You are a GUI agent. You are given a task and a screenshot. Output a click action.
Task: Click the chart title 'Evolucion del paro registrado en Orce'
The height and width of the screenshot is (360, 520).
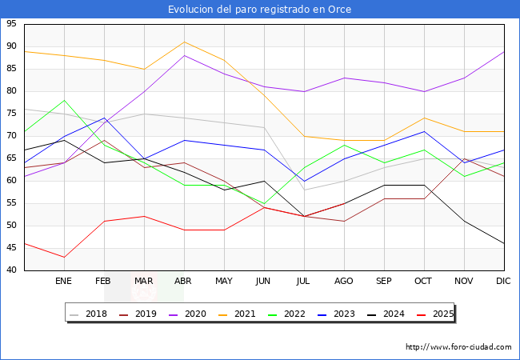pos(259,9)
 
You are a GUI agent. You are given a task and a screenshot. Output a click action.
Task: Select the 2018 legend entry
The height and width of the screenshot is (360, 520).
pos(90,314)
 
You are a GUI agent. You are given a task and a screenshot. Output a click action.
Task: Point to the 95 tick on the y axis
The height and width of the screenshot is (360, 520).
pos(12,24)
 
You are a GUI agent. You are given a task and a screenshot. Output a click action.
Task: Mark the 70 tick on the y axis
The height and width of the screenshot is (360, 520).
pos(12,136)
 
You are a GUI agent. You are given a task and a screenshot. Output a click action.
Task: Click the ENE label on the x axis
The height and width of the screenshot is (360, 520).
pos(64,282)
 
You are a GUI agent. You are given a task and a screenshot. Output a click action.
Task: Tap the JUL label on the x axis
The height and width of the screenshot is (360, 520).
pos(304,282)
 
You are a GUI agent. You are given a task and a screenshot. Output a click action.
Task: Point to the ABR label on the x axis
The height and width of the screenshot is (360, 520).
pos(184,282)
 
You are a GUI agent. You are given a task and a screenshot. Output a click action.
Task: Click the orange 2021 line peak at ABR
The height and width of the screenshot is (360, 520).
pos(184,42)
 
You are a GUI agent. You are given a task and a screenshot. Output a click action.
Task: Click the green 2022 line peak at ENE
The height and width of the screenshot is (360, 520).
pos(64,100)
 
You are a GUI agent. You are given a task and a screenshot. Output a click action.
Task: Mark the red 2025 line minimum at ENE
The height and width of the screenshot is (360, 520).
pos(64,257)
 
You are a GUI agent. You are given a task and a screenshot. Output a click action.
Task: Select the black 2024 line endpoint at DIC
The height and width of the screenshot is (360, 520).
pos(504,243)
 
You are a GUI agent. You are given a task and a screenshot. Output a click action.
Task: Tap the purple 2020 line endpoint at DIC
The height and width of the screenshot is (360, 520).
pos(504,51)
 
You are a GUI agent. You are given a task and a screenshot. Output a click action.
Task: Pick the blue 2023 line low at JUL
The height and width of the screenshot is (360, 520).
pos(304,181)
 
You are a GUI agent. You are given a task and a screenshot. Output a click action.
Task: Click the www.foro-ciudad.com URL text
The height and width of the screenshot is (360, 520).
pos(458,347)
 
